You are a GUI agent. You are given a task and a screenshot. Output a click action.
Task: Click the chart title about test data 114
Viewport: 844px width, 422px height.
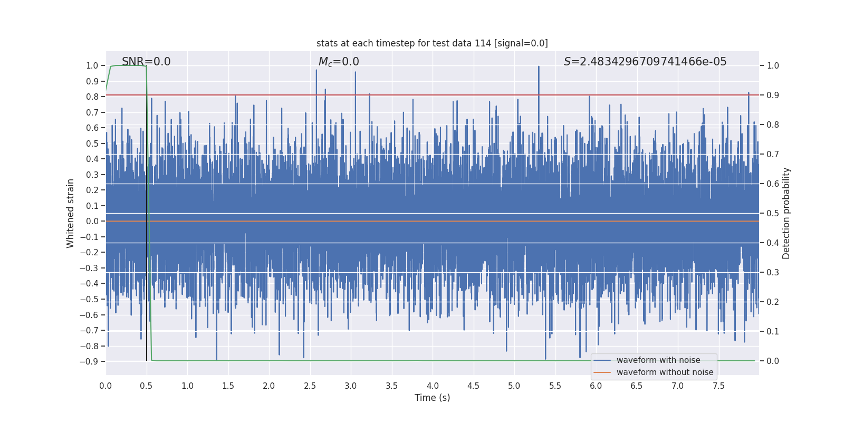[432, 43]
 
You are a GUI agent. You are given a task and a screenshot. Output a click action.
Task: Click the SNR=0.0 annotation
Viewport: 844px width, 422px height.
[146, 62]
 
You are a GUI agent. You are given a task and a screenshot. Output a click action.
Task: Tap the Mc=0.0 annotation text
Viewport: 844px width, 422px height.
[339, 62]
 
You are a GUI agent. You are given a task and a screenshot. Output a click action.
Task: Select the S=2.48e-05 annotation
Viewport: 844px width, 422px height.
[645, 62]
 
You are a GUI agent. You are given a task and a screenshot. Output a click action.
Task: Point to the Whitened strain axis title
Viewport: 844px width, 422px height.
[71, 213]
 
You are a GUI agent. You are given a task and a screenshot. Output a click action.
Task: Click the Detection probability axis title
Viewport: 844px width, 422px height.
[786, 213]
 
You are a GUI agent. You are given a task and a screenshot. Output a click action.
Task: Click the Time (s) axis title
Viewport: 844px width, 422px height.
[432, 398]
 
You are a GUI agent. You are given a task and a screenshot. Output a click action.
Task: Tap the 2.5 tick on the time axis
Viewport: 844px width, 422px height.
[310, 386]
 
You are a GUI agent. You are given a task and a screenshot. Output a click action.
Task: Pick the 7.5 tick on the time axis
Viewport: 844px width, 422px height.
[718, 386]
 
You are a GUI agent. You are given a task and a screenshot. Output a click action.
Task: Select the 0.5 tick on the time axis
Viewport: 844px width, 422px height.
[146, 386]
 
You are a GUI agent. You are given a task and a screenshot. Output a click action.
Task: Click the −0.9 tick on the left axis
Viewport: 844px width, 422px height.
[89, 361]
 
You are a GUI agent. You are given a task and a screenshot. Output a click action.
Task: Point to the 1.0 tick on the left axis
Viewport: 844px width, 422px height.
[92, 65]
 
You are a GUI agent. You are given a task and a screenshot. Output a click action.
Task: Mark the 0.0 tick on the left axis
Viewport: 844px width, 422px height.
[92, 221]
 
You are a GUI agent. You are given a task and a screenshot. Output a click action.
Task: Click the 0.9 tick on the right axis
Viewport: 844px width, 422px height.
[773, 95]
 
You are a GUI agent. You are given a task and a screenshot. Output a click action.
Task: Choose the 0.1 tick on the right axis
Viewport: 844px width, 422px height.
[773, 331]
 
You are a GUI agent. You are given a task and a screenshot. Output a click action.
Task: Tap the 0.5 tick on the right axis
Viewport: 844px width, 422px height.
[773, 213]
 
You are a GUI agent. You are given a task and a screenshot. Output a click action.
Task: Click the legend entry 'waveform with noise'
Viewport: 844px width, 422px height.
[658, 360]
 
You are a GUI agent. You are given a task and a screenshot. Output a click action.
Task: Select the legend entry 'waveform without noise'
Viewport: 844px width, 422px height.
[665, 372]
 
